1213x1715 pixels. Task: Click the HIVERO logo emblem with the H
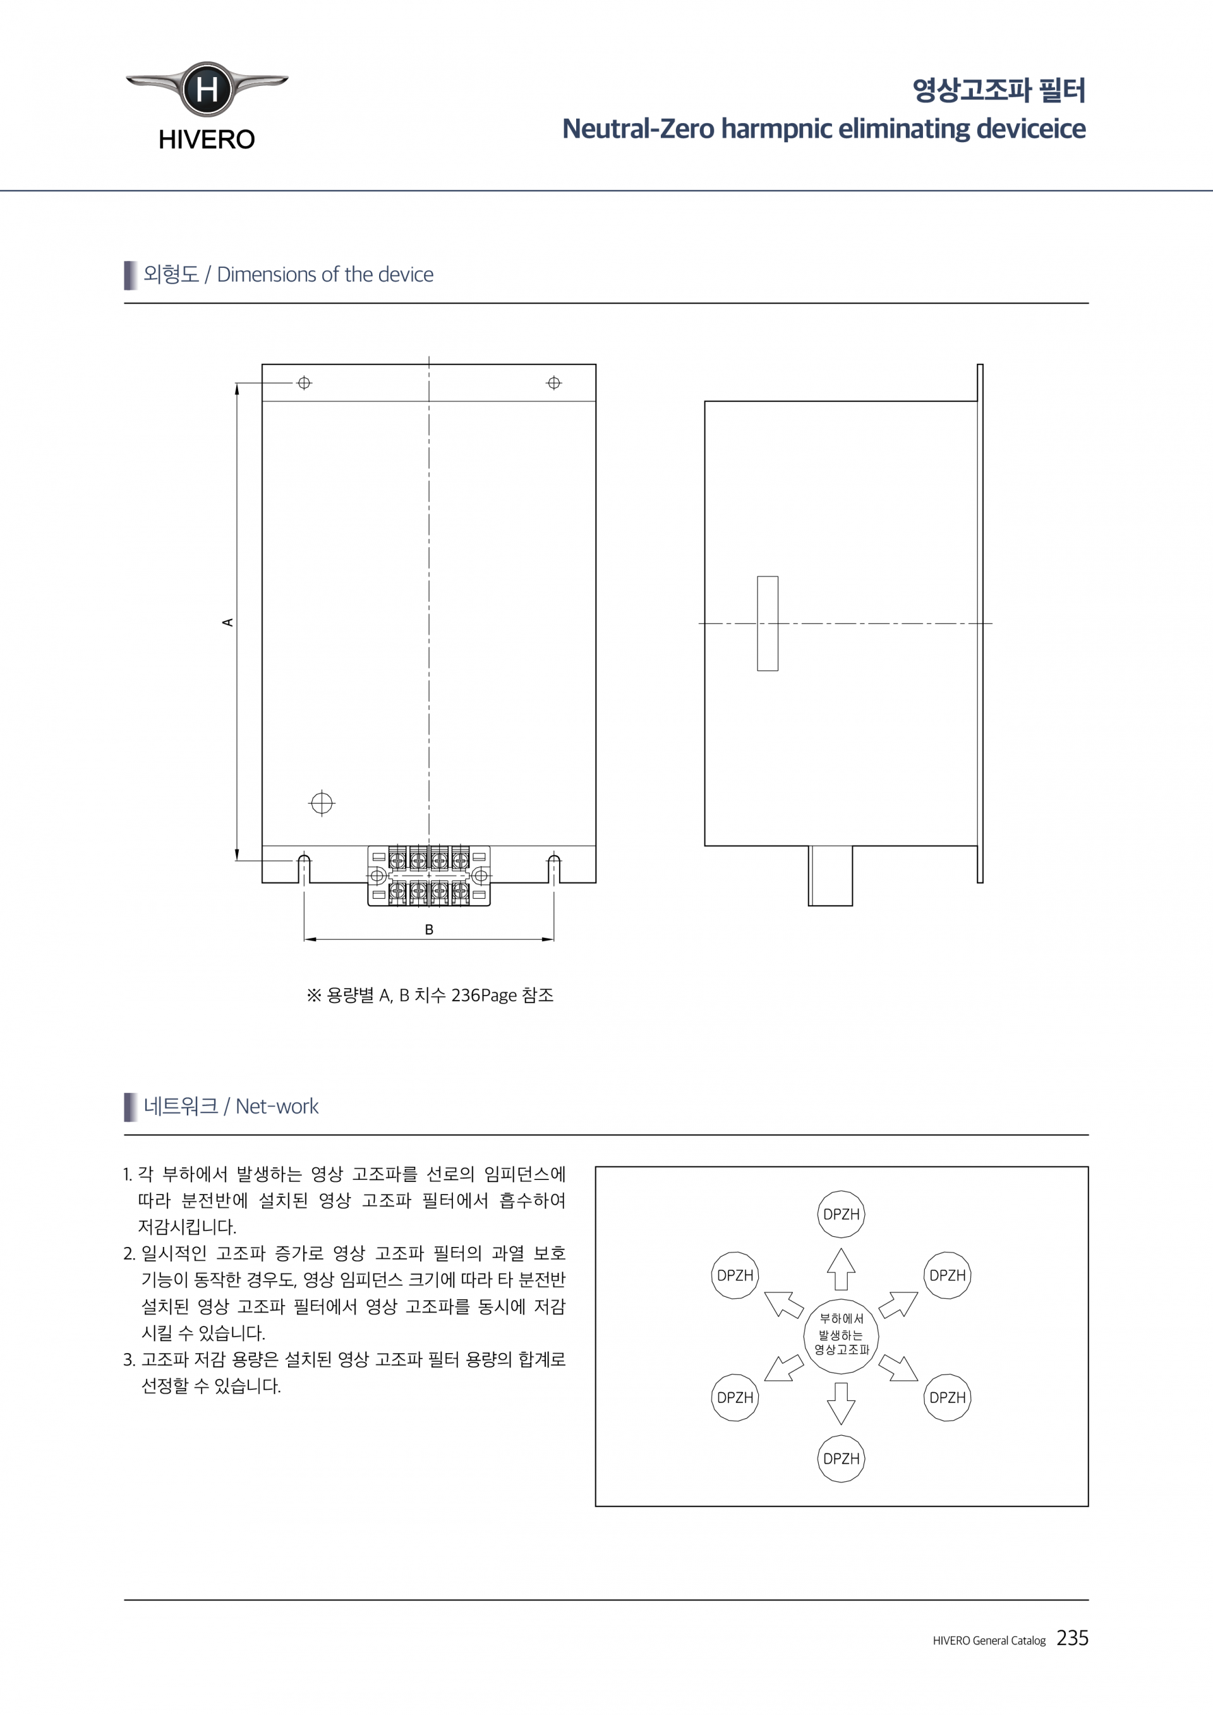(207, 90)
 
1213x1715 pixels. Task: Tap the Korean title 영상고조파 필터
(998, 90)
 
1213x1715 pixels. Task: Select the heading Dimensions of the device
(325, 275)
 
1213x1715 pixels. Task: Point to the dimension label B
(429, 929)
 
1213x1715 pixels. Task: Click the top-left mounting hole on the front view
(304, 383)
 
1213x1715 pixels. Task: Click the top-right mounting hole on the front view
(553, 383)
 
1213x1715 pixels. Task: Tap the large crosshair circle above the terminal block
(322, 803)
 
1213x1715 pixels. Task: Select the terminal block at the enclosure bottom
(429, 876)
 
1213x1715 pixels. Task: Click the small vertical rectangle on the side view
(767, 623)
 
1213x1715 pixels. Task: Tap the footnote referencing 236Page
(430, 996)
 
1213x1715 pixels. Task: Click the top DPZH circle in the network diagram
(841, 1215)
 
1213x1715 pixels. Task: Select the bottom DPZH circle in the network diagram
(841, 1459)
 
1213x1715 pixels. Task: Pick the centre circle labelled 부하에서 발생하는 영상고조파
(841, 1336)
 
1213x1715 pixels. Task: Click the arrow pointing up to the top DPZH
(841, 1269)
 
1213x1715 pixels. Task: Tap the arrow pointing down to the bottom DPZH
(841, 1404)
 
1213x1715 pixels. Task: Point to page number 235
(1072, 1638)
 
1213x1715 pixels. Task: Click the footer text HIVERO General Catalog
(989, 1641)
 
